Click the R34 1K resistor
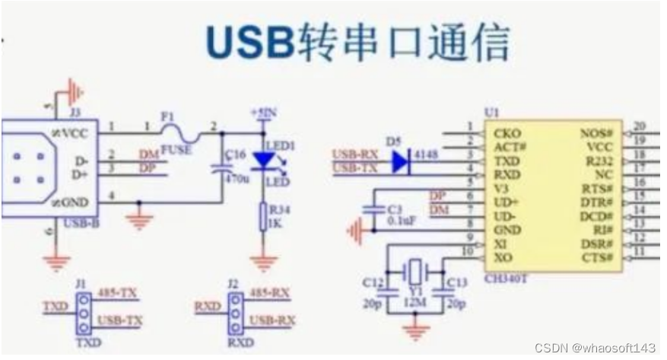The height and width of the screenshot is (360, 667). (263, 217)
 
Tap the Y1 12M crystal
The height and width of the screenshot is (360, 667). (416, 272)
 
